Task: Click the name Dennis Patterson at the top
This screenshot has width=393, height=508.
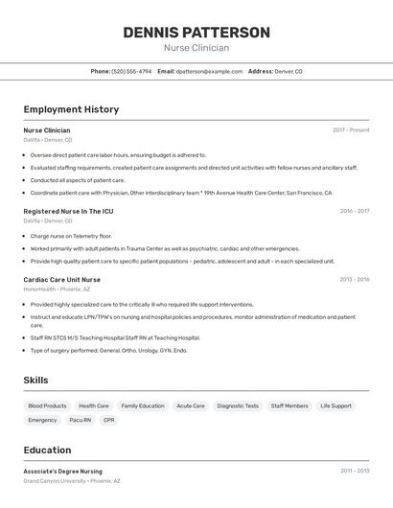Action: (196, 33)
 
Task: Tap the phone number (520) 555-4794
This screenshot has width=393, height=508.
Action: (131, 71)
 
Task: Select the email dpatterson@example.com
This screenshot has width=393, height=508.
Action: (208, 71)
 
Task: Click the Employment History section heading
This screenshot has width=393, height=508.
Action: (71, 109)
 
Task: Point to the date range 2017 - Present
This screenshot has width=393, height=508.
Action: (351, 130)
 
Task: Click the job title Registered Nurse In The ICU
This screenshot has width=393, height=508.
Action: (68, 211)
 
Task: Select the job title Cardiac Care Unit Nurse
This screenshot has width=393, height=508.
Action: (62, 280)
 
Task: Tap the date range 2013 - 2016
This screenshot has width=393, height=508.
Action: (354, 280)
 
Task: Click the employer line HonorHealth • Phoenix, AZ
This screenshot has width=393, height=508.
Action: (57, 289)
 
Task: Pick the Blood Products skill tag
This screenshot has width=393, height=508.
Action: (47, 405)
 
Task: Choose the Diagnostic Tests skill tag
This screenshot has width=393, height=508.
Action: (238, 405)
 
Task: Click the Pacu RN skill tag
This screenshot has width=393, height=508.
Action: (81, 420)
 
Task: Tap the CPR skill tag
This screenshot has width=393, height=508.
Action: (109, 420)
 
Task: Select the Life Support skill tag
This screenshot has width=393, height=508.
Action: (335, 405)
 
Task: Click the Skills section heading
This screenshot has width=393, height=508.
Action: (35, 381)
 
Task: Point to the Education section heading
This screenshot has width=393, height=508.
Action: (47, 450)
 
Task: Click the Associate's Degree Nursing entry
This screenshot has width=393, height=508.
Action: (63, 472)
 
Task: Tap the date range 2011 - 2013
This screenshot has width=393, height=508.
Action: (354, 472)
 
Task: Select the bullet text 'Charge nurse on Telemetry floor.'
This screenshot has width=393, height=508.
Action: (71, 235)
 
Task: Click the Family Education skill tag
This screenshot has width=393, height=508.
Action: (143, 405)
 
